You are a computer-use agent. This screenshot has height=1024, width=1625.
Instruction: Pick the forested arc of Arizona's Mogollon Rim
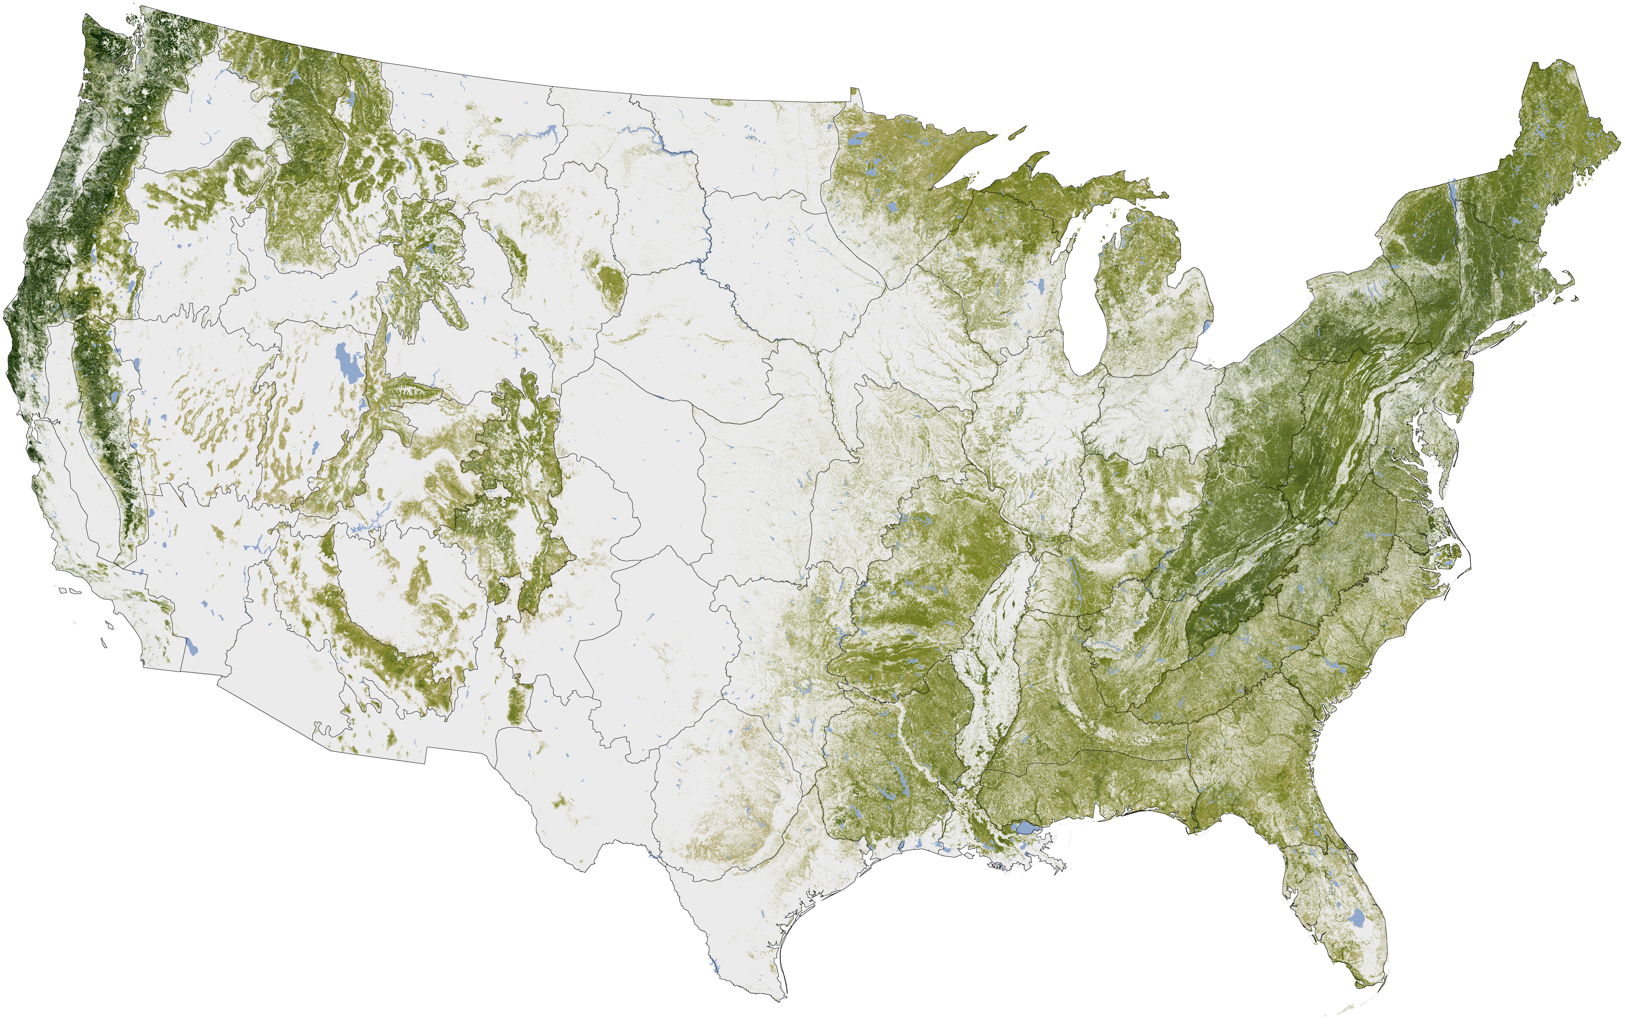pyautogui.click(x=378, y=641)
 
